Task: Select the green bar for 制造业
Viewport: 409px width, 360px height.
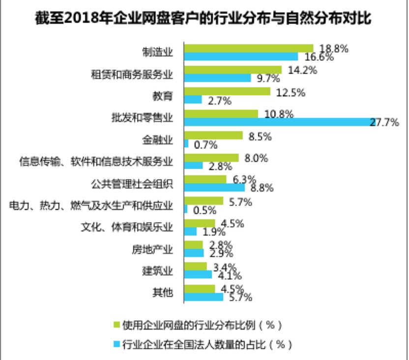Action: coord(248,48)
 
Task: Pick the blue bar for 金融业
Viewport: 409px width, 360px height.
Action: coord(186,143)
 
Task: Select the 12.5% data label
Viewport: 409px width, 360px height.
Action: coord(292,91)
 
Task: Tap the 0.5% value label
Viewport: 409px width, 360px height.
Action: coord(205,210)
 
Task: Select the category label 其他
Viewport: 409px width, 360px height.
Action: coord(163,292)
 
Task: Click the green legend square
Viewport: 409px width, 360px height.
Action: coord(116,324)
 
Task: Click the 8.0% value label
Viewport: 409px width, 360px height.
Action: coord(256,158)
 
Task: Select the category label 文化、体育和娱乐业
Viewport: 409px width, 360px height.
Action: coord(127,227)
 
